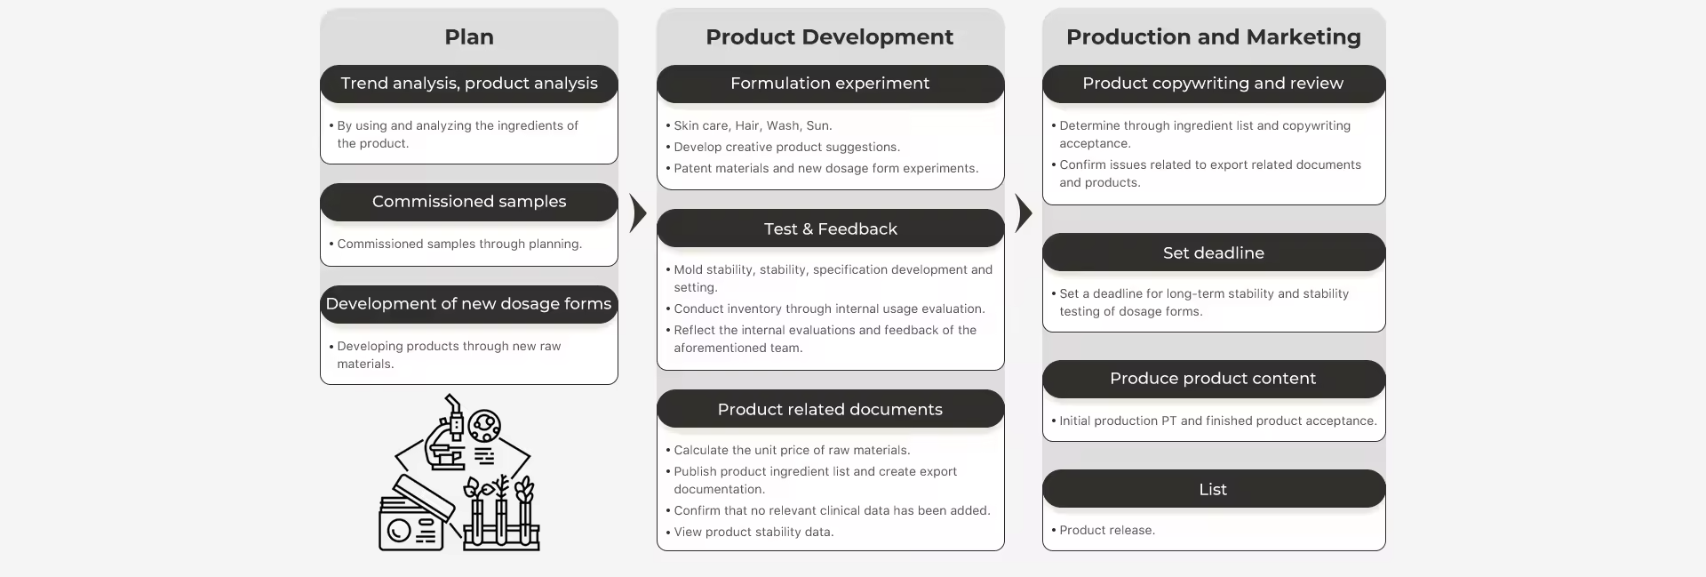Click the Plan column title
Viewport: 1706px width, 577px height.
pyautogui.click(x=469, y=37)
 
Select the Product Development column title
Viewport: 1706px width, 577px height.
pyautogui.click(x=829, y=37)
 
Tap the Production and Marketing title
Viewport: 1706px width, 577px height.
pyautogui.click(x=1213, y=37)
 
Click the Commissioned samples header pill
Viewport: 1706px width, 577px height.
pyautogui.click(x=469, y=202)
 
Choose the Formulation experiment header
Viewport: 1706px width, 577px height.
pyautogui.click(x=830, y=84)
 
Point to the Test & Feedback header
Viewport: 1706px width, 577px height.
pyautogui.click(x=830, y=229)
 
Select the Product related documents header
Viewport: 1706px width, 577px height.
pyautogui.click(x=830, y=410)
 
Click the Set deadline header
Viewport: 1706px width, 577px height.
pyautogui.click(x=1213, y=253)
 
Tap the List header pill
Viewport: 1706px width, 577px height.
pyautogui.click(x=1213, y=490)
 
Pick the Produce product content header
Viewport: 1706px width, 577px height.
pyautogui.click(x=1213, y=379)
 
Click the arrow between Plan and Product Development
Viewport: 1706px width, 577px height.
pyautogui.click(x=637, y=213)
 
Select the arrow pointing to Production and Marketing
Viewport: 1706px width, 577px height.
pyautogui.click(x=1023, y=213)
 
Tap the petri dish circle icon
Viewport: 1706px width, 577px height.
pyautogui.click(x=484, y=426)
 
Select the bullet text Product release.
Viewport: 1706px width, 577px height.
pyautogui.click(x=1107, y=531)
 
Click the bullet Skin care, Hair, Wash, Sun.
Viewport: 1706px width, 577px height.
pyautogui.click(x=753, y=126)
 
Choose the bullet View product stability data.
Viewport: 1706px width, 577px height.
pyautogui.click(x=753, y=533)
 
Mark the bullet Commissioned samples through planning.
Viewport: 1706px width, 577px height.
pyautogui.click(x=459, y=244)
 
